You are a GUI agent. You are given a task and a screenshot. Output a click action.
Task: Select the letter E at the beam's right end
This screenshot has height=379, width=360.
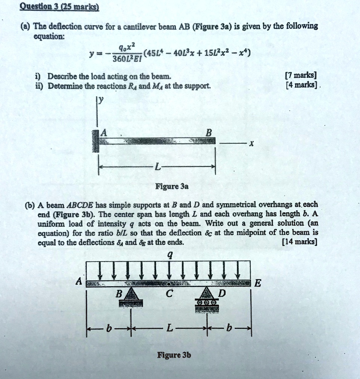pyautogui.click(x=257, y=283)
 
